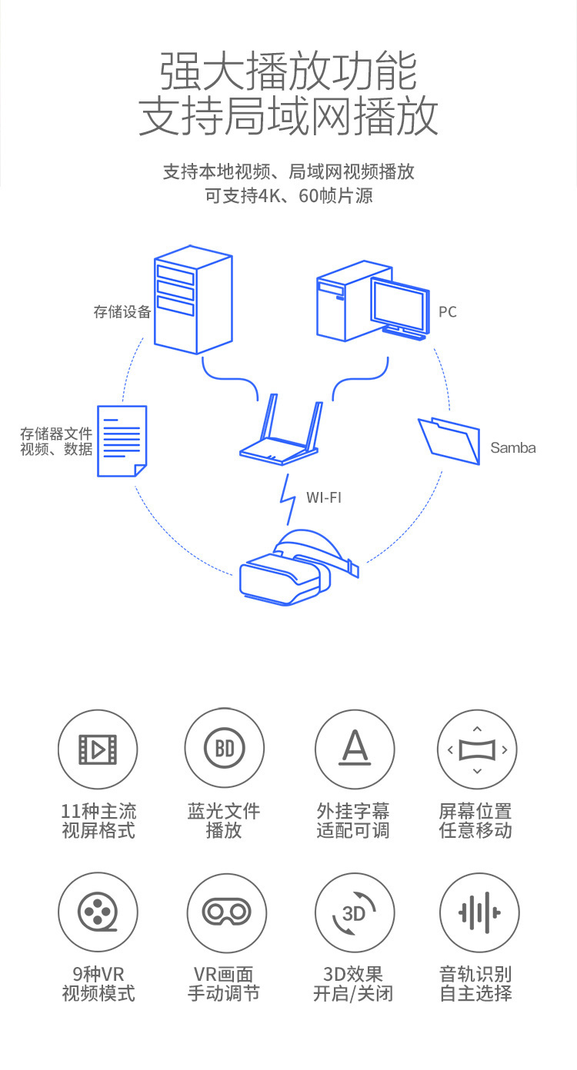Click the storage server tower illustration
point(193,300)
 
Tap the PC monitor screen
point(399,305)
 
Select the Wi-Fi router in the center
point(281,430)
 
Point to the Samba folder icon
point(449,440)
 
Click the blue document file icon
point(122,441)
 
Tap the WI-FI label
point(324,498)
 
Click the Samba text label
point(513,448)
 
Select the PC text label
point(448,312)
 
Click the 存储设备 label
point(122,312)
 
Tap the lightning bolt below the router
point(288,500)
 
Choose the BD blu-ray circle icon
point(224,749)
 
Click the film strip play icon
point(98,749)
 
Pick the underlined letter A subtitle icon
point(355,748)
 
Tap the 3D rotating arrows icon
point(354,913)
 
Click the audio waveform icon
point(479,912)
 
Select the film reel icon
point(98,912)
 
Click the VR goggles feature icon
point(226,912)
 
